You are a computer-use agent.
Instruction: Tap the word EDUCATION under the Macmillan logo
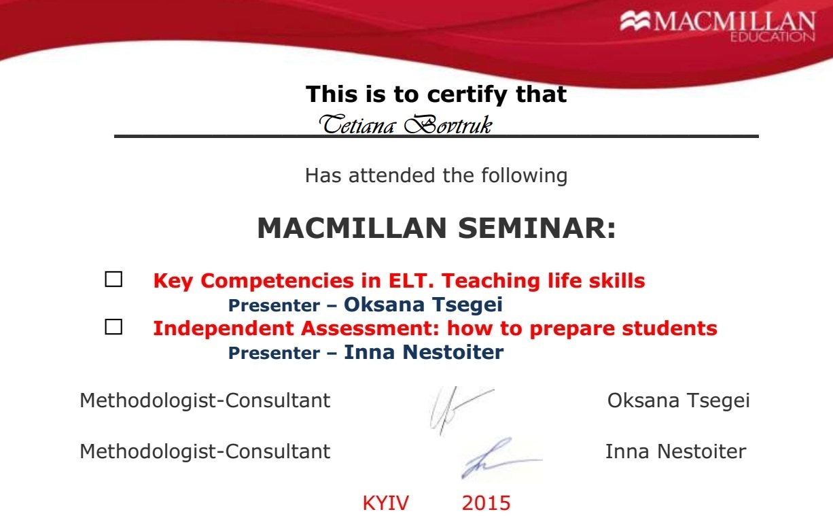(773, 37)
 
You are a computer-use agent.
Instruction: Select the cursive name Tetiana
(357, 124)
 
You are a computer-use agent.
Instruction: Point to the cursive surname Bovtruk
(448, 124)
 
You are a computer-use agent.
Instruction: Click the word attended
(392, 175)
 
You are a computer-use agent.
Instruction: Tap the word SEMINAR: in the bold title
(537, 228)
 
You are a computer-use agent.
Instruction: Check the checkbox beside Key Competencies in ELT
(113, 279)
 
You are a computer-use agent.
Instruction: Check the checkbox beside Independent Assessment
(113, 326)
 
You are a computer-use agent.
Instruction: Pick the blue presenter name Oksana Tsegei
(423, 305)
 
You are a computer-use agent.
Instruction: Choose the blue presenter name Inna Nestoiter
(423, 352)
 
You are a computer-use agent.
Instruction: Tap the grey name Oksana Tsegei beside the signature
(678, 400)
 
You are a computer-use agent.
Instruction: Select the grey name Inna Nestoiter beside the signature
(675, 451)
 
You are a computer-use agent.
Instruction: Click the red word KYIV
(386, 503)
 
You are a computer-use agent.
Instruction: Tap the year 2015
(486, 503)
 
